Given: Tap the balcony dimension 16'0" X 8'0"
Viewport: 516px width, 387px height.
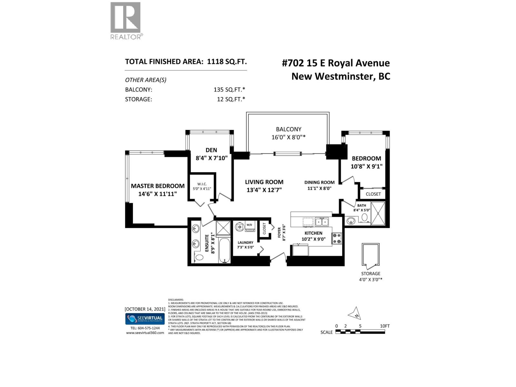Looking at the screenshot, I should [x=288, y=137].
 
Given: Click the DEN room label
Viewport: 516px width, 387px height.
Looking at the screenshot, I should [x=211, y=150].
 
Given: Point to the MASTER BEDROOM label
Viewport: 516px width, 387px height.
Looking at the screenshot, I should [x=158, y=186].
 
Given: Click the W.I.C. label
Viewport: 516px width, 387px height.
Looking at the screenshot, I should [x=202, y=184].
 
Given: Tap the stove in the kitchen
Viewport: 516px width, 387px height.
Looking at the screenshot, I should [x=337, y=238].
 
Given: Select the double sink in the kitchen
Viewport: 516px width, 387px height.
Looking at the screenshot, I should [x=322, y=222].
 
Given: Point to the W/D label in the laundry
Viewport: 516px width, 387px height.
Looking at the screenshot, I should [x=249, y=225].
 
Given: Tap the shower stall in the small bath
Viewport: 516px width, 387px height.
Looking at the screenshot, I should [x=378, y=213].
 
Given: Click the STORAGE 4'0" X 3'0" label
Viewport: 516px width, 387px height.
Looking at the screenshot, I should [x=371, y=277].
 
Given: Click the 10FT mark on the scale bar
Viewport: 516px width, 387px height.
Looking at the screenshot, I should [x=384, y=326].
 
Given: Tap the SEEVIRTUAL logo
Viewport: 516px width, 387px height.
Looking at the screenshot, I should [x=145, y=319].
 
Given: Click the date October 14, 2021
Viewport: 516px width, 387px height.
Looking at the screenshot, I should [x=145, y=309].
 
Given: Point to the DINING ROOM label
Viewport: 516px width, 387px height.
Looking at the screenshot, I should [x=319, y=183].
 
